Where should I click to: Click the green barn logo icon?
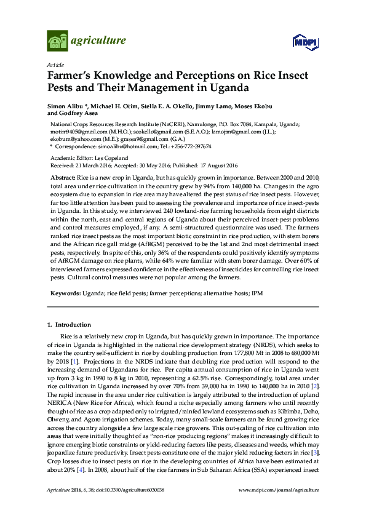pyautogui.click(x=58, y=41)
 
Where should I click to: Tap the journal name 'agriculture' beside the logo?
pyautogui.click(x=98, y=41)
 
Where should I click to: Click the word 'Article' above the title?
pyautogui.click(x=54, y=65)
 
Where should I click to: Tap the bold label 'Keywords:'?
pyautogui.click(x=65, y=293)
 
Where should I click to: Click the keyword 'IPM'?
pyautogui.click(x=257, y=293)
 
